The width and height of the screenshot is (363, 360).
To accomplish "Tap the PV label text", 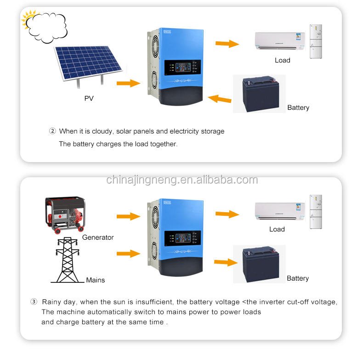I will pos(89,98).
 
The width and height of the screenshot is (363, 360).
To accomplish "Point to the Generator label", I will pos(98,237).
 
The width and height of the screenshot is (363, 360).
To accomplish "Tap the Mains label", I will pos(96,280).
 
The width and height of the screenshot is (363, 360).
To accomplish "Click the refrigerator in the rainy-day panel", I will pos(315,211).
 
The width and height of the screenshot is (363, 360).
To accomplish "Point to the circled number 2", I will pos(52,131).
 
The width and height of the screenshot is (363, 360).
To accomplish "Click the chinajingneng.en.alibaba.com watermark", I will pos(182,180).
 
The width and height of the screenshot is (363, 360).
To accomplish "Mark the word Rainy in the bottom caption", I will pos(51,302).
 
